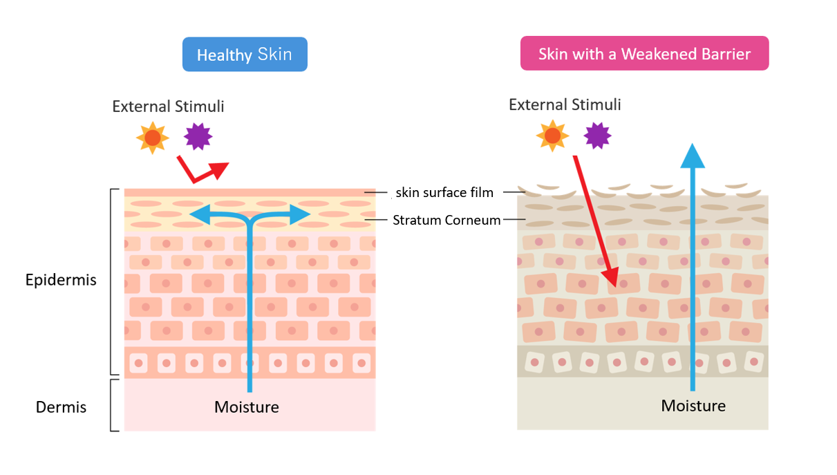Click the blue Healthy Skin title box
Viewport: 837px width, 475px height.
tap(245, 54)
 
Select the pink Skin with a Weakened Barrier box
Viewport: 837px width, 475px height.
tap(645, 53)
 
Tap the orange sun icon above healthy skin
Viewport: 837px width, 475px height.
tap(153, 138)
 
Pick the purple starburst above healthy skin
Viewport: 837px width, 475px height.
tap(198, 136)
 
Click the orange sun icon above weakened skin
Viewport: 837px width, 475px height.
tap(552, 136)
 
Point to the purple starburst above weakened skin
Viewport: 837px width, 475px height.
tap(597, 136)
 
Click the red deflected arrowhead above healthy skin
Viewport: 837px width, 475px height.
tap(219, 170)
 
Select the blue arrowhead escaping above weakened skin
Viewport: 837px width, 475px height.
tap(693, 156)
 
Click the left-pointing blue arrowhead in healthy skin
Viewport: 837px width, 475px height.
tap(200, 214)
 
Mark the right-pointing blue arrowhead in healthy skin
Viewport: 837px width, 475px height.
tap(300, 214)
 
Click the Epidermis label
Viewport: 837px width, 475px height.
tap(61, 280)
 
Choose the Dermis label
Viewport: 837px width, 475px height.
tap(61, 407)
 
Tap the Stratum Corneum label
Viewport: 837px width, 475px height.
tap(446, 220)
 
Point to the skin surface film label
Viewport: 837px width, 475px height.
tap(444, 192)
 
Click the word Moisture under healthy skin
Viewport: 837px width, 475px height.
tap(247, 407)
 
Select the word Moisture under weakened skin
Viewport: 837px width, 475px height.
tap(693, 406)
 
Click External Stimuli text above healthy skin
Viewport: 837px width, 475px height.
tap(168, 106)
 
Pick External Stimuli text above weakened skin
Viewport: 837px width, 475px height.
tap(565, 104)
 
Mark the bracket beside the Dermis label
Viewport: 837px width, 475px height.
tap(111, 405)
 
